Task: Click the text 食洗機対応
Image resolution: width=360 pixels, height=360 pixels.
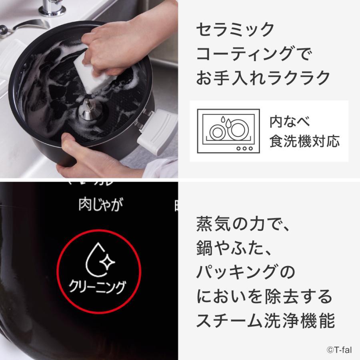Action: tap(304, 141)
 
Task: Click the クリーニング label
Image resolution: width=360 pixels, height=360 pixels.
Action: tap(98, 287)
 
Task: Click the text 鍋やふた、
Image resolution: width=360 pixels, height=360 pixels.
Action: tap(234, 249)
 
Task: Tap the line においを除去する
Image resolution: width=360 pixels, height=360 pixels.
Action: tap(264, 296)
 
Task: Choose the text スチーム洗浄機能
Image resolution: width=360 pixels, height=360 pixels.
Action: tap(266, 320)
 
